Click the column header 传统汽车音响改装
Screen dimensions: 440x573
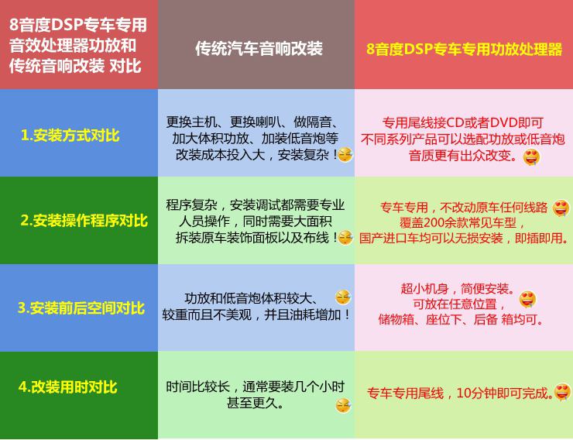click(259, 49)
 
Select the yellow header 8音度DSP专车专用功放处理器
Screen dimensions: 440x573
click(464, 49)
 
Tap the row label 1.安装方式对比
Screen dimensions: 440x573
click(70, 136)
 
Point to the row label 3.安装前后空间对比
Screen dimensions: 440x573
click(81, 308)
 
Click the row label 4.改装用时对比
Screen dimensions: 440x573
click(68, 386)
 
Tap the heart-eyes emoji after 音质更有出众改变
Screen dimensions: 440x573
click(531, 157)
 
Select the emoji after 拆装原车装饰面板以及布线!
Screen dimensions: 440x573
click(345, 238)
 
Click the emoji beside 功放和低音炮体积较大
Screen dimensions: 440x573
click(343, 297)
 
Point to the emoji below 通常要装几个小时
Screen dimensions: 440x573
click(343, 405)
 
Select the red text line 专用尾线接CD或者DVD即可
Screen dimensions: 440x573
click(463, 123)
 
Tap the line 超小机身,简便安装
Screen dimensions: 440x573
click(456, 288)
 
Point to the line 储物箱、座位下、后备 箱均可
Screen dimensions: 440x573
click(461, 319)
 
